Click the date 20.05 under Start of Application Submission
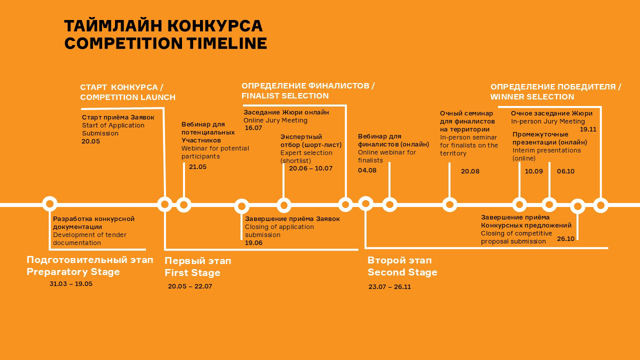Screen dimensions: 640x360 (x=90, y=141)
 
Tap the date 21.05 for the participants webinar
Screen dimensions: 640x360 (x=197, y=167)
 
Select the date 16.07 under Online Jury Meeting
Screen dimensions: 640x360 (x=253, y=128)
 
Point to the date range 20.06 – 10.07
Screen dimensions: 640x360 (x=311, y=168)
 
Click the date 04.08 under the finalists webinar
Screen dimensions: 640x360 (x=367, y=170)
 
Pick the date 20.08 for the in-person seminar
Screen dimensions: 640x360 (x=470, y=171)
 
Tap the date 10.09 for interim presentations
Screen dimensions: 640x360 (x=533, y=171)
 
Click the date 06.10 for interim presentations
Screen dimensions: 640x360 (x=565, y=171)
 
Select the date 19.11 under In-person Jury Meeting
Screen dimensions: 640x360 (x=588, y=129)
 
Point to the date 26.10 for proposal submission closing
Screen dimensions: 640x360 (x=565, y=239)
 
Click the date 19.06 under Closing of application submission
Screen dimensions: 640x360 (x=253, y=243)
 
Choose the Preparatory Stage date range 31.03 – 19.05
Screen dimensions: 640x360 (x=71, y=284)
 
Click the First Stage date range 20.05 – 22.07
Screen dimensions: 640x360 (x=190, y=286)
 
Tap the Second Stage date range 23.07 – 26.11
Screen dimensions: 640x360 (x=389, y=287)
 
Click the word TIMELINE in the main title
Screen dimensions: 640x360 (x=227, y=43)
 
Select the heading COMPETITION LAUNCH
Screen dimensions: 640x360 (x=127, y=97)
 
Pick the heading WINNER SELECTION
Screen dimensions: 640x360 (x=532, y=97)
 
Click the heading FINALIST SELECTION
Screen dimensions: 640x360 (x=285, y=95)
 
